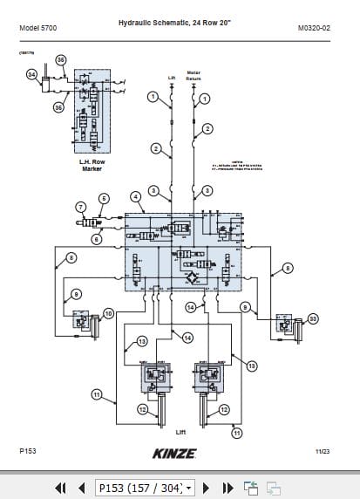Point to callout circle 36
tap(60, 59)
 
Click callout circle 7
tap(80, 207)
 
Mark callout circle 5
tap(103, 198)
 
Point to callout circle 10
tap(108, 312)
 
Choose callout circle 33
tap(313, 318)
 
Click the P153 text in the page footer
tap(27, 451)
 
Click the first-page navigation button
tap(61, 487)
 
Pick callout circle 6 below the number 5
tap(96, 238)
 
